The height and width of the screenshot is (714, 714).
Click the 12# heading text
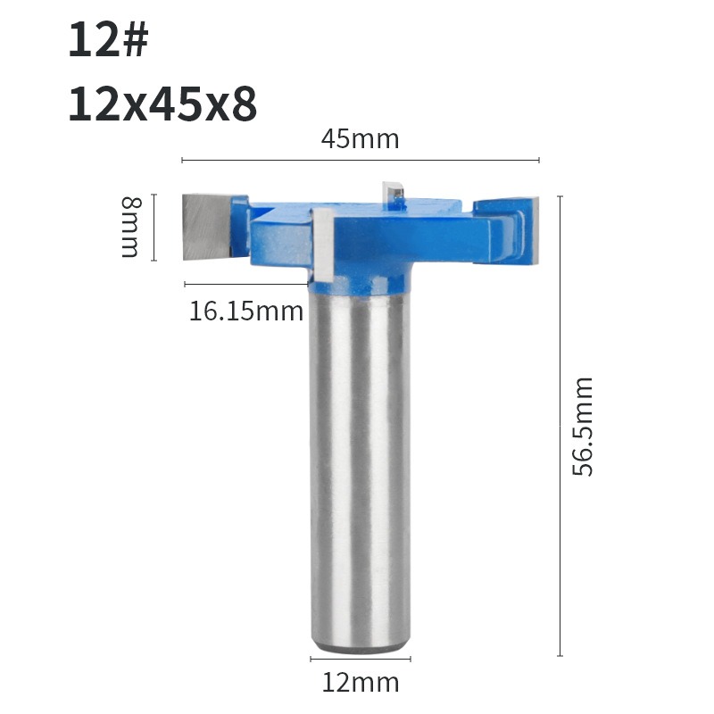pyautogui.click(x=108, y=39)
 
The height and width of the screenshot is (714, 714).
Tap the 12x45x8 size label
pyautogui.click(x=162, y=104)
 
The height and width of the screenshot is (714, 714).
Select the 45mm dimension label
pyautogui.click(x=361, y=139)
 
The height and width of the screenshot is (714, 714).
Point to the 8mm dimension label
pyautogui.click(x=131, y=228)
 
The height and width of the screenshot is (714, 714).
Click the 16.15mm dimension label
pyautogui.click(x=246, y=311)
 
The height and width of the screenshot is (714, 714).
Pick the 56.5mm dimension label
pyautogui.click(x=583, y=427)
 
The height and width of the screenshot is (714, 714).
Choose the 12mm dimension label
pyautogui.click(x=361, y=683)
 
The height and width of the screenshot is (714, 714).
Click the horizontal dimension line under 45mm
pyautogui.click(x=361, y=161)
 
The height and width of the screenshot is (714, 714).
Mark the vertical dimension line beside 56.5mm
pyautogui.click(x=560, y=426)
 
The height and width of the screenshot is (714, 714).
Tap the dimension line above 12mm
pyautogui.click(x=361, y=659)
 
